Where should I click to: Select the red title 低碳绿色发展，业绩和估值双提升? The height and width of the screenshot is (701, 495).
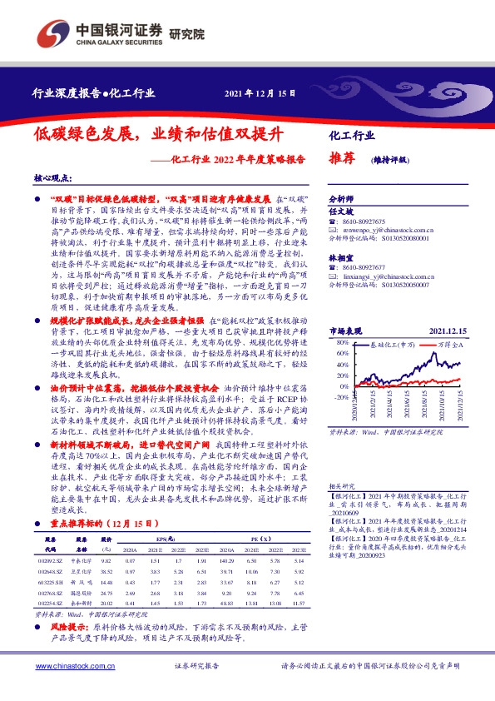(158, 134)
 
